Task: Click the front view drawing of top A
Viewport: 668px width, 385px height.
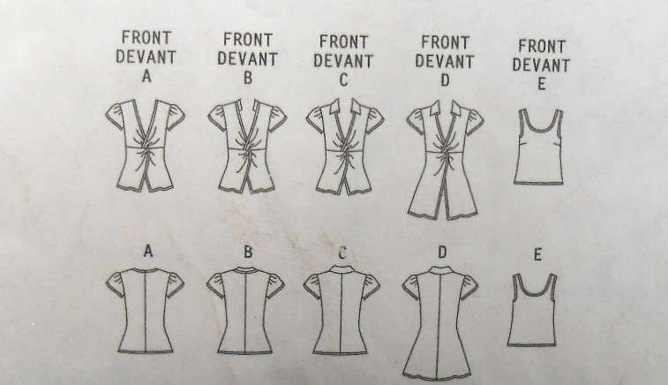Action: click(146, 146)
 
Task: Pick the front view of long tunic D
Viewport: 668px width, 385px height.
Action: click(444, 159)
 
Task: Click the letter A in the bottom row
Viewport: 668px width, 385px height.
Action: click(148, 252)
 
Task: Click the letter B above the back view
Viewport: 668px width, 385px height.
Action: click(248, 252)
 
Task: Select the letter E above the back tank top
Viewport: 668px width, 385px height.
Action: click(537, 255)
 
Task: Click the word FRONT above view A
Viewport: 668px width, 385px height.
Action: click(146, 37)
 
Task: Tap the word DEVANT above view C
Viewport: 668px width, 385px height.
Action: click(342, 60)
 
